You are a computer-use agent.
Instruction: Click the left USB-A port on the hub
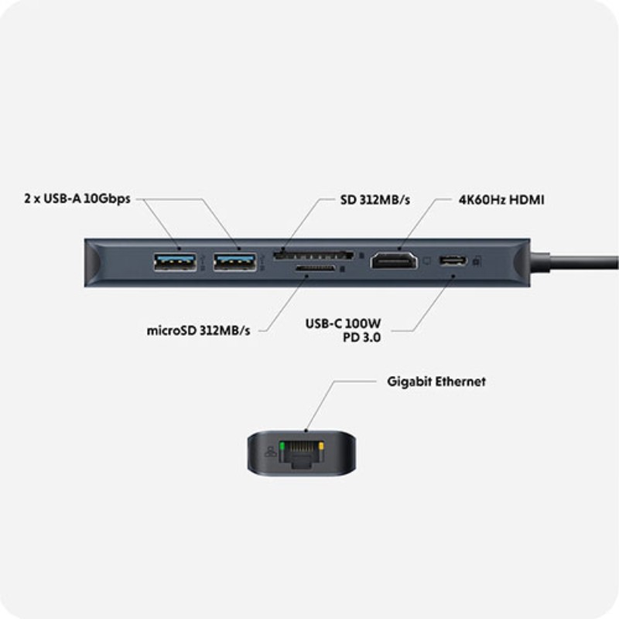175,262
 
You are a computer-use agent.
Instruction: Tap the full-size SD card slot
314,254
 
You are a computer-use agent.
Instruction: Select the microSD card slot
315,269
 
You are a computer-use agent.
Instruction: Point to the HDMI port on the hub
395,262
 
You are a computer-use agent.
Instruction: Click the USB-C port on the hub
453,262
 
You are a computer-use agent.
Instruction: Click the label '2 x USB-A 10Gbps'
77,199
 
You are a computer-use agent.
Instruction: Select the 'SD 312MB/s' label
375,199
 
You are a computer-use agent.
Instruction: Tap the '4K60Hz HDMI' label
500,199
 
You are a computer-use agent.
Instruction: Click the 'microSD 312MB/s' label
199,330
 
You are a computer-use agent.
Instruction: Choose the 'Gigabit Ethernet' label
436,381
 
